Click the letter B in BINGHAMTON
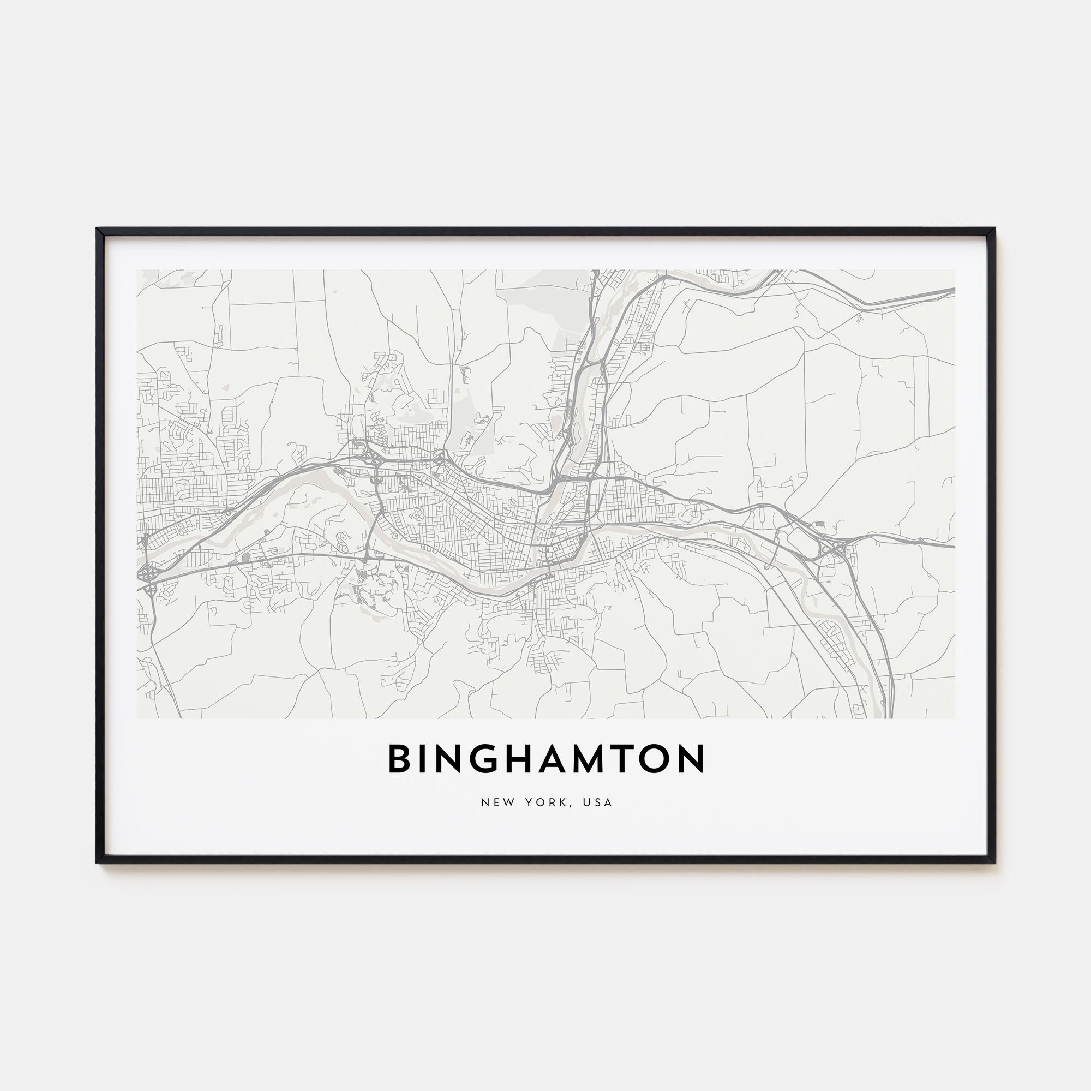click(398, 759)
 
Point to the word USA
click(598, 802)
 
